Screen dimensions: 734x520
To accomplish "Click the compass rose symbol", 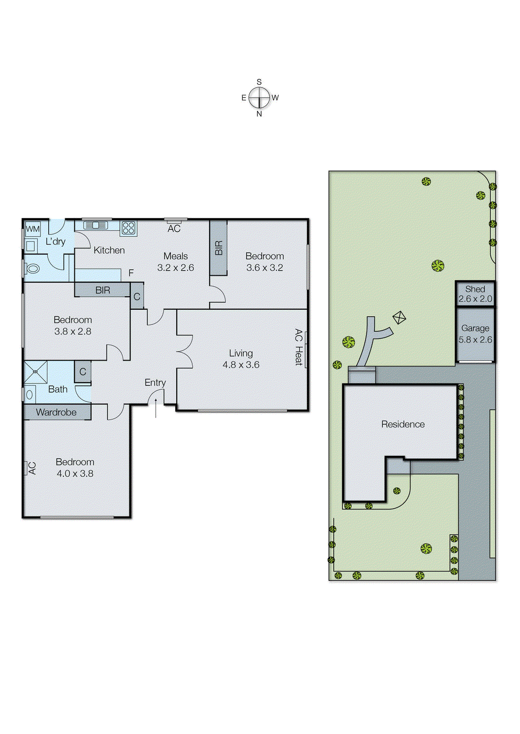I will point(259,98).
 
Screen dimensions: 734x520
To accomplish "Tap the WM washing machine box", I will point(33,228).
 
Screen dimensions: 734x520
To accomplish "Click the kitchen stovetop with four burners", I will point(129,228).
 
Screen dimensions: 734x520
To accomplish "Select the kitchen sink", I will point(95,225).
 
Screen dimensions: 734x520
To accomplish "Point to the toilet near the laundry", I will point(32,268).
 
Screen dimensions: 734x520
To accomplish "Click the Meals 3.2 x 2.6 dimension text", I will point(176,267).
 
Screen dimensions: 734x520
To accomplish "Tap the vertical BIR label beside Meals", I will point(218,248).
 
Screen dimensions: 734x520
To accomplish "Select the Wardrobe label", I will point(56,412).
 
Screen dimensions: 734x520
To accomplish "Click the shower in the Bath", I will point(35,372).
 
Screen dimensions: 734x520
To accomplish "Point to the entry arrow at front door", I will point(156,408).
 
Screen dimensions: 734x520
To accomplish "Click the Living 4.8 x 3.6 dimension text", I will point(241,365).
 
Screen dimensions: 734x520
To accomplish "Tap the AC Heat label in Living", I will point(298,347).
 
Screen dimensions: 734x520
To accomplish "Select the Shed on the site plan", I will point(475,294).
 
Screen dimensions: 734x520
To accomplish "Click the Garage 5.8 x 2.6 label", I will point(475,334).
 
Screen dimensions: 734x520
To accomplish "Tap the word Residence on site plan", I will point(403,424).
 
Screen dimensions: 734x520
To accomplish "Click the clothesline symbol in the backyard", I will point(399,317).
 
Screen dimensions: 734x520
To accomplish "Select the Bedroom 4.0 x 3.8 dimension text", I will point(75,473).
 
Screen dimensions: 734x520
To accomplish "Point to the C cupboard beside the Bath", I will point(83,372).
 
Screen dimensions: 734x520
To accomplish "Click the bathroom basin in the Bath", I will point(29,394).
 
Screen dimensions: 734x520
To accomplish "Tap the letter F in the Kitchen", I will point(131,273).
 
